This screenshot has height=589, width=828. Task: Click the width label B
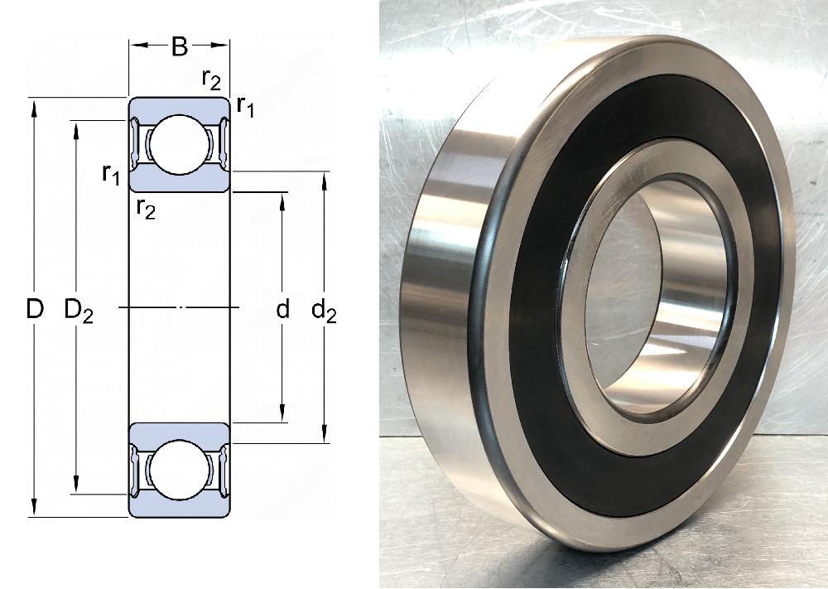pos(179,46)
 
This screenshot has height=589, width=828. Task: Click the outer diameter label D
pos(35,309)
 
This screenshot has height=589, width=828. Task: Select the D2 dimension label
pos(79,311)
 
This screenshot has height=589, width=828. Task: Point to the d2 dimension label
pos(324,311)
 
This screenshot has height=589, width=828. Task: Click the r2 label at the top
pos(211,80)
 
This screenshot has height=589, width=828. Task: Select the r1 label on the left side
pos(112,174)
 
